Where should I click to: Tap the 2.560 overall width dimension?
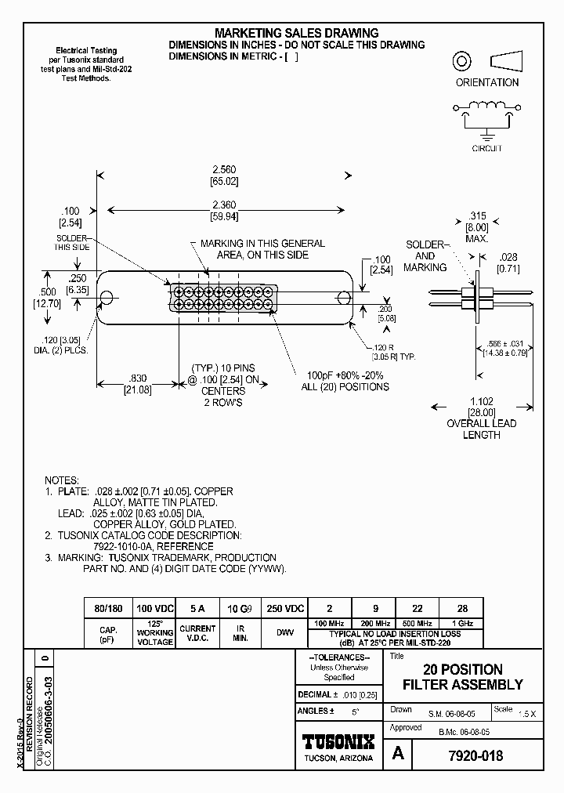pos(223,170)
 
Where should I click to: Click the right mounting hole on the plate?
pos(343,298)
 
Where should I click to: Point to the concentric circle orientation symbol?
pos(462,61)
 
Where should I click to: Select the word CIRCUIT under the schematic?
pos(486,148)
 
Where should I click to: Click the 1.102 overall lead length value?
pos(481,401)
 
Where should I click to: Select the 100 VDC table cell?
pos(155,609)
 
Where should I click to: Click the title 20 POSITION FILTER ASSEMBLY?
pos(462,677)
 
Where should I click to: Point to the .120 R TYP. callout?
pos(389,350)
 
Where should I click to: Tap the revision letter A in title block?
pos(398,755)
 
